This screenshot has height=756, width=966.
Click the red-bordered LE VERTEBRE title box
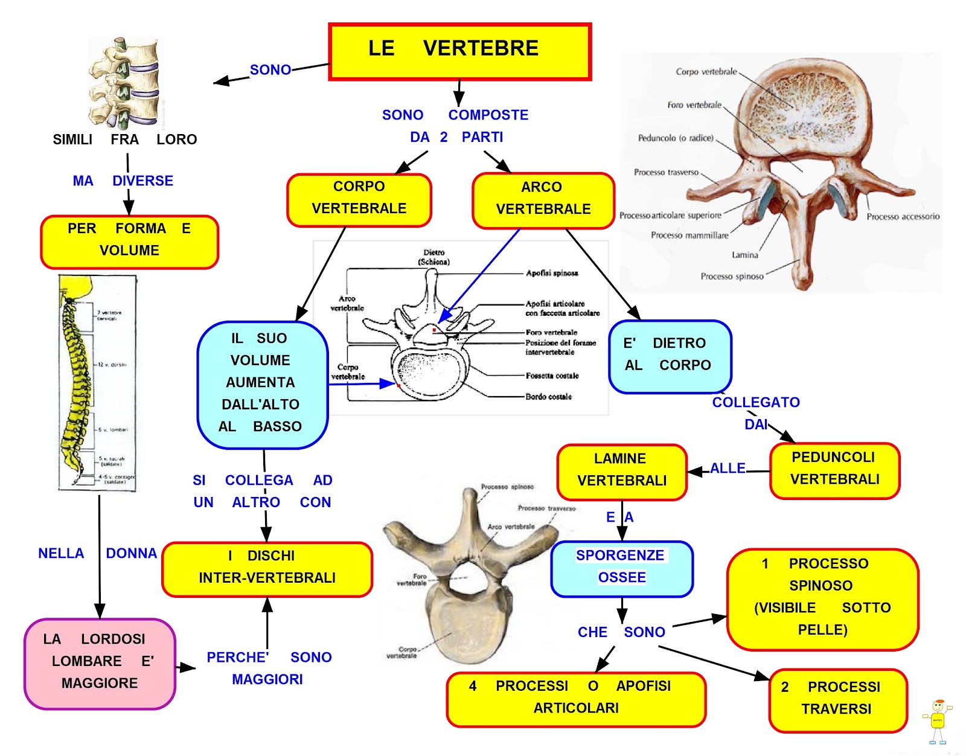pyautogui.click(x=459, y=51)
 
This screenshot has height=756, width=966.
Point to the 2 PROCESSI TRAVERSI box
pyautogui.click(x=837, y=700)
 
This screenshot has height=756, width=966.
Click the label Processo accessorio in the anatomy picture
pyautogui.click(x=903, y=217)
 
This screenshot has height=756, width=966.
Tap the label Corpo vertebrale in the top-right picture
pyautogui.click(x=706, y=72)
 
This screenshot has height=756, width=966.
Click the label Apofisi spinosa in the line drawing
pyautogui.click(x=551, y=274)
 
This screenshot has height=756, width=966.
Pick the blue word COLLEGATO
pyautogui.click(x=755, y=403)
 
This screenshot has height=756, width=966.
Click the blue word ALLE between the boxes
pyautogui.click(x=728, y=469)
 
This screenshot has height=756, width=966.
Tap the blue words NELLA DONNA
pyautogui.click(x=97, y=553)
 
